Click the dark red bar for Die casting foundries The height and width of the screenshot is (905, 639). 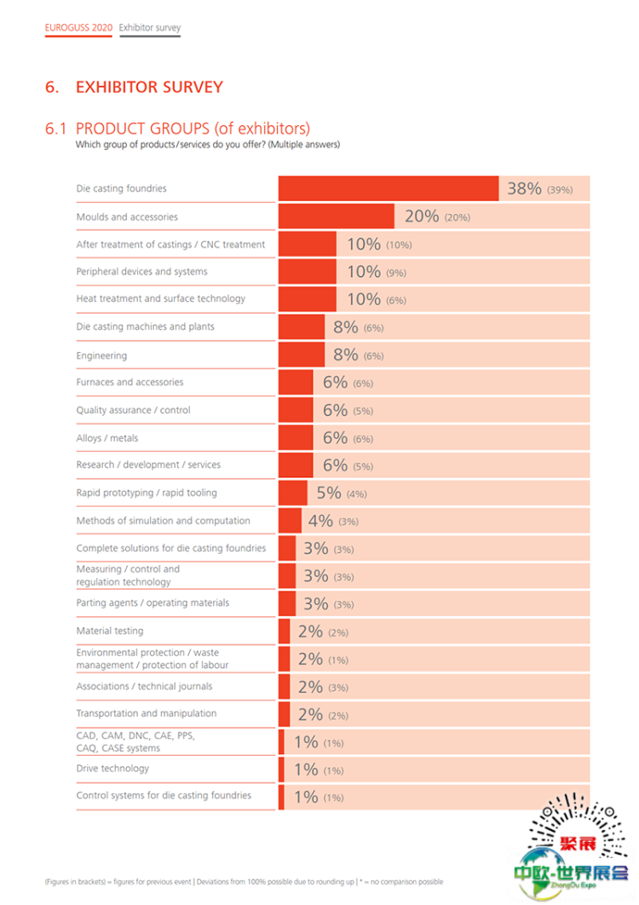(389, 188)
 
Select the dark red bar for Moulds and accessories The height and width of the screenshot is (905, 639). (337, 216)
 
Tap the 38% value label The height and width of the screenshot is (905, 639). (524, 188)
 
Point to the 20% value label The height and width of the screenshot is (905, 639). (422, 216)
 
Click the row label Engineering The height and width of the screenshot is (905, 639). (101, 355)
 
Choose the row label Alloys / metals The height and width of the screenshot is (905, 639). (107, 438)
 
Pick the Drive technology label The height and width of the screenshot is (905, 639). (112, 769)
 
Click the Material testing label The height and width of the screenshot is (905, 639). (110, 631)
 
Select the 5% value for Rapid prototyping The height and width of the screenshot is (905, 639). (329, 493)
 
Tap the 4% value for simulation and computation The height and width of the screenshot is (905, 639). (320, 521)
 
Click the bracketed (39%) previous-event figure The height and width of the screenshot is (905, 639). (560, 190)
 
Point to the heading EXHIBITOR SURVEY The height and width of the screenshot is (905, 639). (149, 87)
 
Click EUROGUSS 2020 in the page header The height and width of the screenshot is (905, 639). (78, 28)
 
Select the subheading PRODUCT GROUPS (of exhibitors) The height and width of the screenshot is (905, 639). (193, 129)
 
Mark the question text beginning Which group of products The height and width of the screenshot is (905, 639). (208, 145)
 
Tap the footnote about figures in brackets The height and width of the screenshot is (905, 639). (244, 882)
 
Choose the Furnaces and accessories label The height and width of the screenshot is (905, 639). (130, 383)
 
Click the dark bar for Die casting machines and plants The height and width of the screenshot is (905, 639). (302, 326)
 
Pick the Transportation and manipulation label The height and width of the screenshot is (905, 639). (147, 713)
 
